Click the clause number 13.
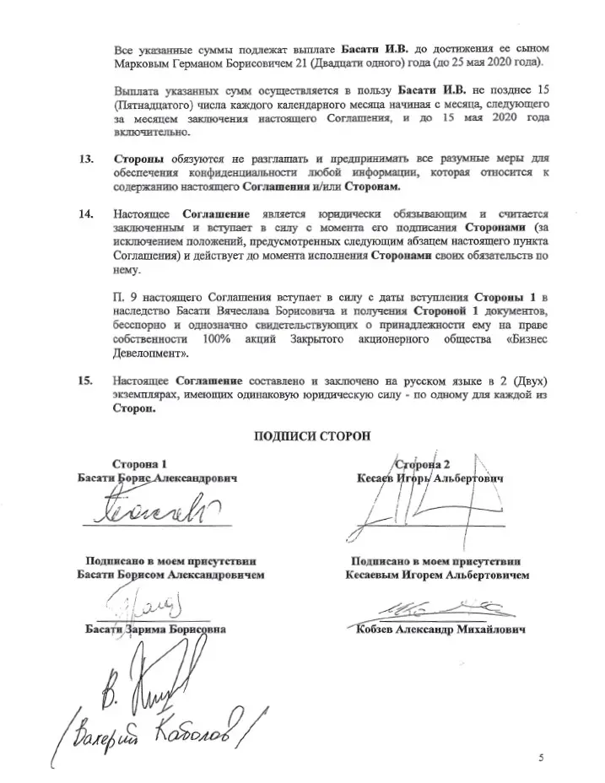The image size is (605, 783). tap(84, 159)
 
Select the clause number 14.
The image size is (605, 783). tap(84, 214)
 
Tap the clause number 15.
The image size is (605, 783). tap(84, 381)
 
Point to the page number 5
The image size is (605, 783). tap(541, 757)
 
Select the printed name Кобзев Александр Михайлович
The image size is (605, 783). tap(440, 630)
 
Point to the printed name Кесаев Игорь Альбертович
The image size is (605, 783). tap(429, 478)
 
